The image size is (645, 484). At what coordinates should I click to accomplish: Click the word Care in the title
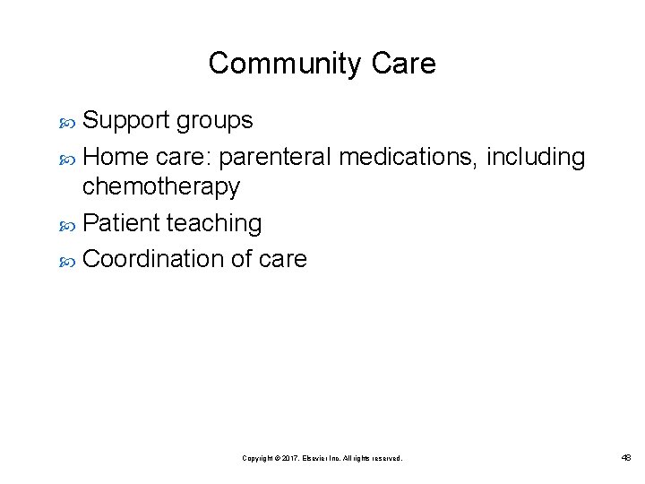pyautogui.click(x=405, y=65)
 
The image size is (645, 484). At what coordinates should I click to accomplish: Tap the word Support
pyautogui.click(x=128, y=120)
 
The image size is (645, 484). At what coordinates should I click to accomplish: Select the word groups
pyautogui.click(x=216, y=120)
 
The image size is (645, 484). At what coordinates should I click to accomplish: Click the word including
pyautogui.click(x=537, y=158)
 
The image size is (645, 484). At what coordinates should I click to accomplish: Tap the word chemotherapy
pyautogui.click(x=161, y=186)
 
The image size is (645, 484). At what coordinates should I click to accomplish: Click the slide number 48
pyautogui.click(x=624, y=457)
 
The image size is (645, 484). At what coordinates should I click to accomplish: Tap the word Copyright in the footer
pyautogui.click(x=257, y=458)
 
